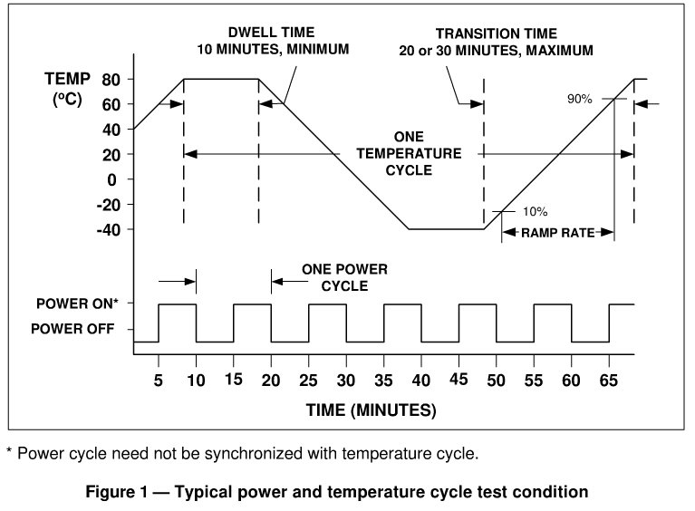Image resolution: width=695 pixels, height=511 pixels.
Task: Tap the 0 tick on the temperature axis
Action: (x=112, y=179)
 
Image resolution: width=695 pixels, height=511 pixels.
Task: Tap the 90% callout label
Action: (x=580, y=99)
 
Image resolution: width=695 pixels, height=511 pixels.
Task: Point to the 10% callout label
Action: (x=535, y=212)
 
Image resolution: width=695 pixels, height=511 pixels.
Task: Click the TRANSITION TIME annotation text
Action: (x=496, y=43)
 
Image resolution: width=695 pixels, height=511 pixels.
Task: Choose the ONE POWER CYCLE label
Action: (x=333, y=277)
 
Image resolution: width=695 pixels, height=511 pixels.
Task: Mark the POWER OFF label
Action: (x=72, y=329)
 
